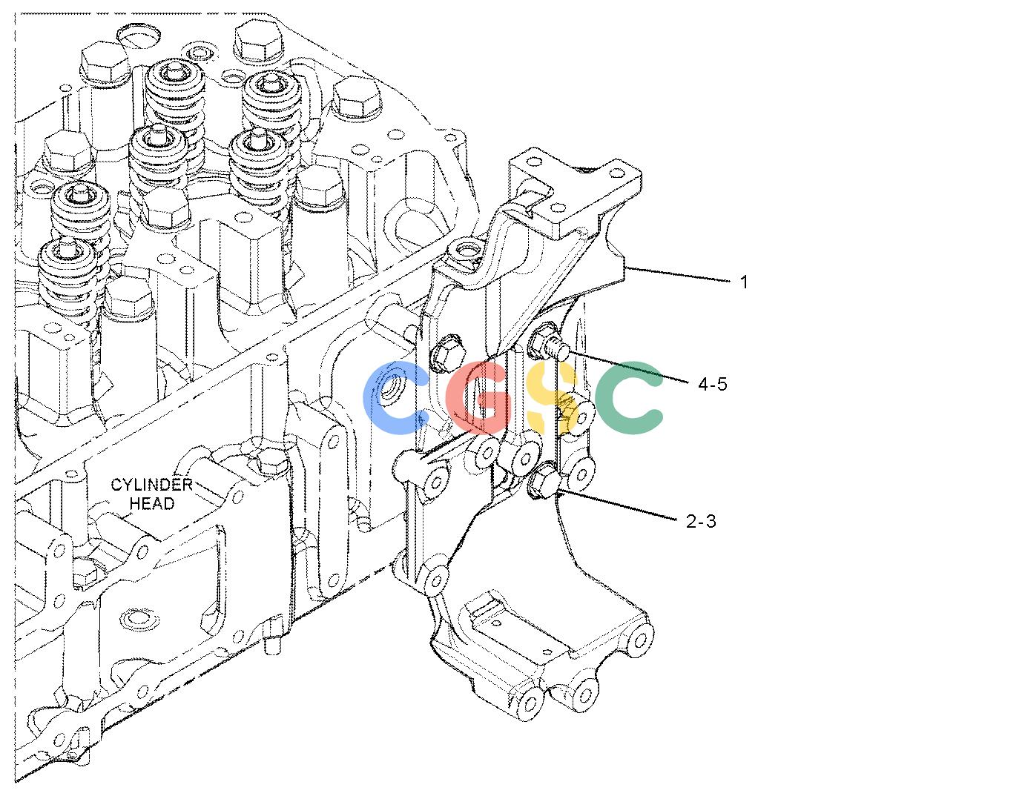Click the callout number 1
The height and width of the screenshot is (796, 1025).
(x=744, y=282)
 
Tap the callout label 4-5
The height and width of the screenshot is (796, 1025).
(x=712, y=384)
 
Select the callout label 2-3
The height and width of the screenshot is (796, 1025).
(x=701, y=521)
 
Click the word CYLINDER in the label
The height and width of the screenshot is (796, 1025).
(x=151, y=485)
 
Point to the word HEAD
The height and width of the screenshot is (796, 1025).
(x=152, y=503)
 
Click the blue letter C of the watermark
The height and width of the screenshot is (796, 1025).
(x=395, y=398)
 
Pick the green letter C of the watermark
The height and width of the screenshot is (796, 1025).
(x=628, y=397)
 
